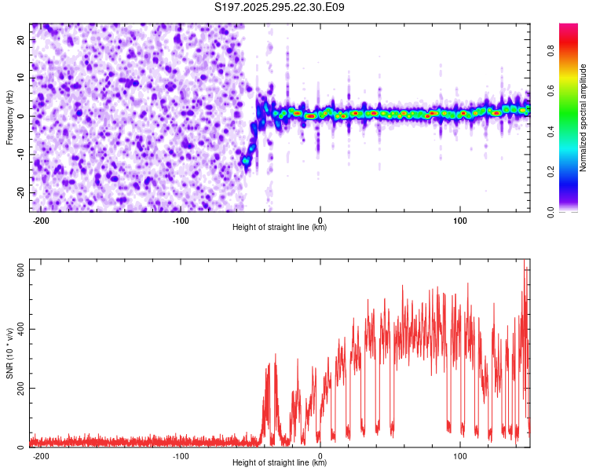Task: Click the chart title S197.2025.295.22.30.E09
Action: tap(280, 7)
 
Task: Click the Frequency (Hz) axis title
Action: tap(9, 117)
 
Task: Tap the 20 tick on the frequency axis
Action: tap(21, 39)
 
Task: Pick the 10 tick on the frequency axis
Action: tap(21, 78)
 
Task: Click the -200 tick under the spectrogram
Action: tap(41, 220)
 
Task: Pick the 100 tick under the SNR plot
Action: tap(459, 455)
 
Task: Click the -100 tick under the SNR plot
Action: tap(181, 455)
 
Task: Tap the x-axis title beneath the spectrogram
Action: tap(280, 228)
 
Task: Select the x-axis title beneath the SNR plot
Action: tap(280, 463)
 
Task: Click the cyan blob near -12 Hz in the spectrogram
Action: tap(246, 160)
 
